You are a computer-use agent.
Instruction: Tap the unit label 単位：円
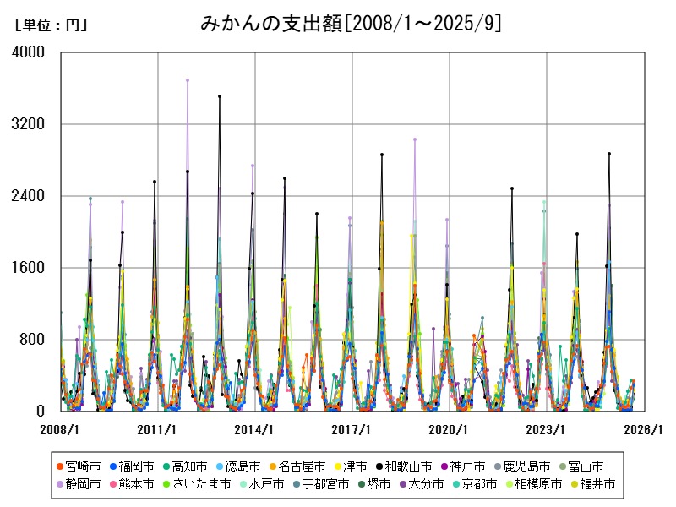pos(51,25)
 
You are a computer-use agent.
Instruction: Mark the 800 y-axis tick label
pos(34,340)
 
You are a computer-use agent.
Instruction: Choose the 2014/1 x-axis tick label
pos(254,430)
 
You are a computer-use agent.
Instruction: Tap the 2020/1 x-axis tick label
pos(449,430)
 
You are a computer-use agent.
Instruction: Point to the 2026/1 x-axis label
pos(643,430)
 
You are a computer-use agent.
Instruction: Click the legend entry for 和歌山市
pos(408,466)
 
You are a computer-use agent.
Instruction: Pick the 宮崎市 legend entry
pos(83,466)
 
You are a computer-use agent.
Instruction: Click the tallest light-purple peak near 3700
pos(188,80)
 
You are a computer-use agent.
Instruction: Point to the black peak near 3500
pos(220,96)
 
